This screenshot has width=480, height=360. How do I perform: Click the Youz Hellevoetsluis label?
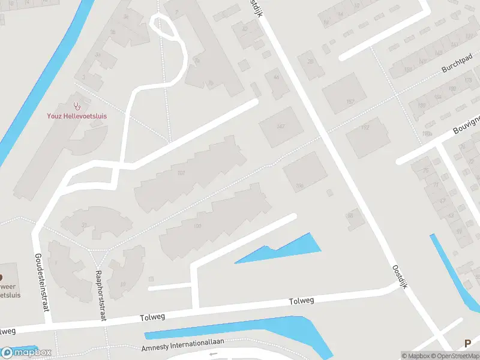77,116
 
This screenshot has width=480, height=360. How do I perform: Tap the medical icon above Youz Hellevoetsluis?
77,106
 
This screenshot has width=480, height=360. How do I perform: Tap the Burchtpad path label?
455,67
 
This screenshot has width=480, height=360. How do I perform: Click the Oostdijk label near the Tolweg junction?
400,277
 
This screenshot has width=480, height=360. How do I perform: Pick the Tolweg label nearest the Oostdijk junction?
301,301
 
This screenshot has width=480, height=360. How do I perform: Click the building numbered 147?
280,127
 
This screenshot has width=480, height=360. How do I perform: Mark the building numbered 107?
181,174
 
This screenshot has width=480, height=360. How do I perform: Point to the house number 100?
198,226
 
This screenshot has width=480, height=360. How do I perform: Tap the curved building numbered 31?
85,225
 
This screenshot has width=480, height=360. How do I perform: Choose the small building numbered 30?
351,215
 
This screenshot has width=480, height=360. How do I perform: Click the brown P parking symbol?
467,344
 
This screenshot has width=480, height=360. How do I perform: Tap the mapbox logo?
26,352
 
